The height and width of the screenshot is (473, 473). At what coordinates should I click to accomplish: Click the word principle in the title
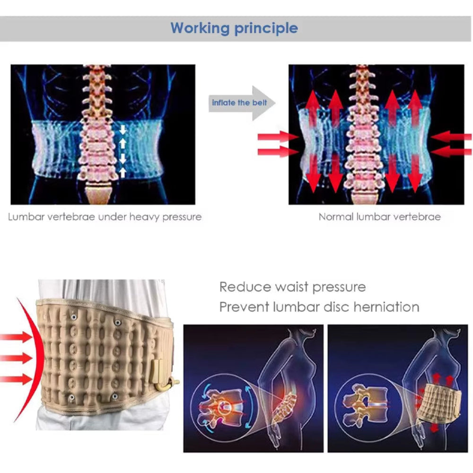266,28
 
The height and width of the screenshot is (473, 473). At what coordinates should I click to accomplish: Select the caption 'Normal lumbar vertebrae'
379,217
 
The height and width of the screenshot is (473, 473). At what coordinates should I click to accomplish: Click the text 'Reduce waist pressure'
292,287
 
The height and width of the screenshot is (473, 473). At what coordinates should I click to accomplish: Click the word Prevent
243,307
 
